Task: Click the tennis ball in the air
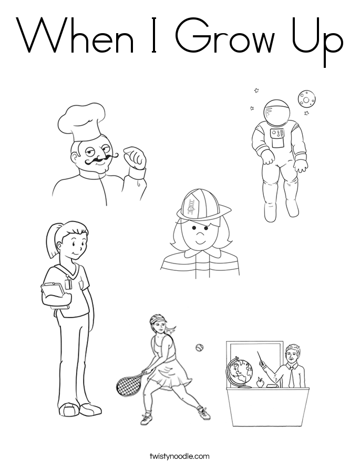coord(199,348)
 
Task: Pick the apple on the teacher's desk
coord(260,383)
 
